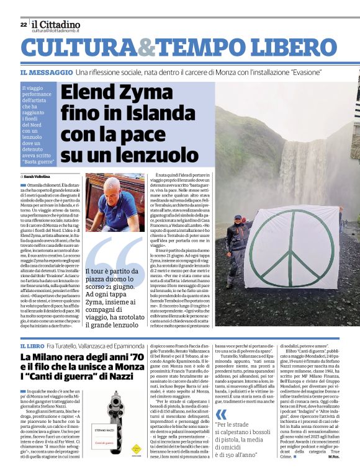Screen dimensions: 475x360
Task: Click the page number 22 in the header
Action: click(23, 25)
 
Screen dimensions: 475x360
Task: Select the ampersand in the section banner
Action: click(146, 48)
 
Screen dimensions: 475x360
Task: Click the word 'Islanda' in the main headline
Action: click(158, 115)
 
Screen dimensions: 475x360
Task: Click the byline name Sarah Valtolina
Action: click(38, 177)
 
